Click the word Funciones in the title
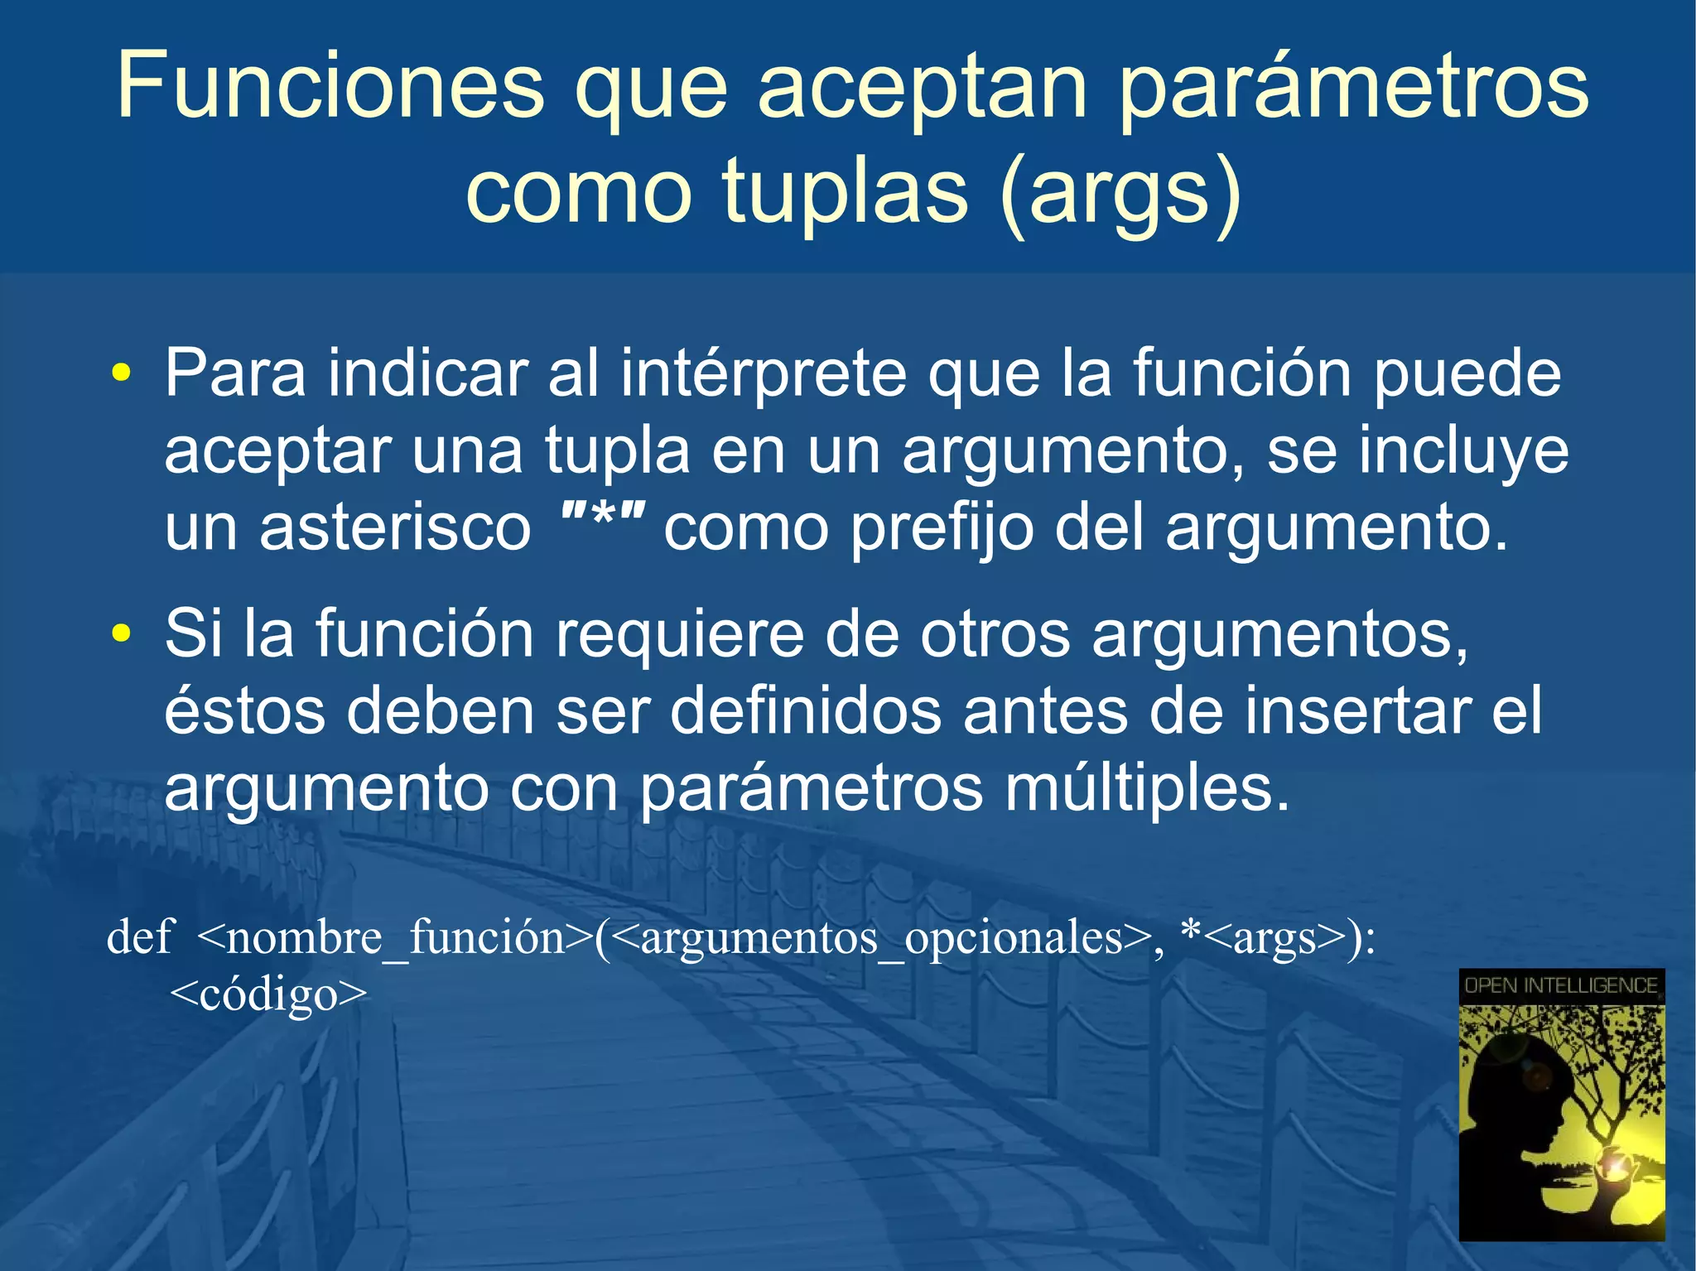tap(330, 85)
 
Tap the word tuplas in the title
tap(844, 191)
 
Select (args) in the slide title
tap(1120, 193)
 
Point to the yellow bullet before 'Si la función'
tap(121, 633)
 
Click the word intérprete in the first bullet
tap(764, 374)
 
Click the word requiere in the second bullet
tap(679, 635)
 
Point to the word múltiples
tap(1147, 789)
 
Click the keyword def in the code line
tap(139, 937)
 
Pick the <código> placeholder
tap(267, 994)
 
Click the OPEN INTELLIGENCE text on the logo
tap(1561, 985)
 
